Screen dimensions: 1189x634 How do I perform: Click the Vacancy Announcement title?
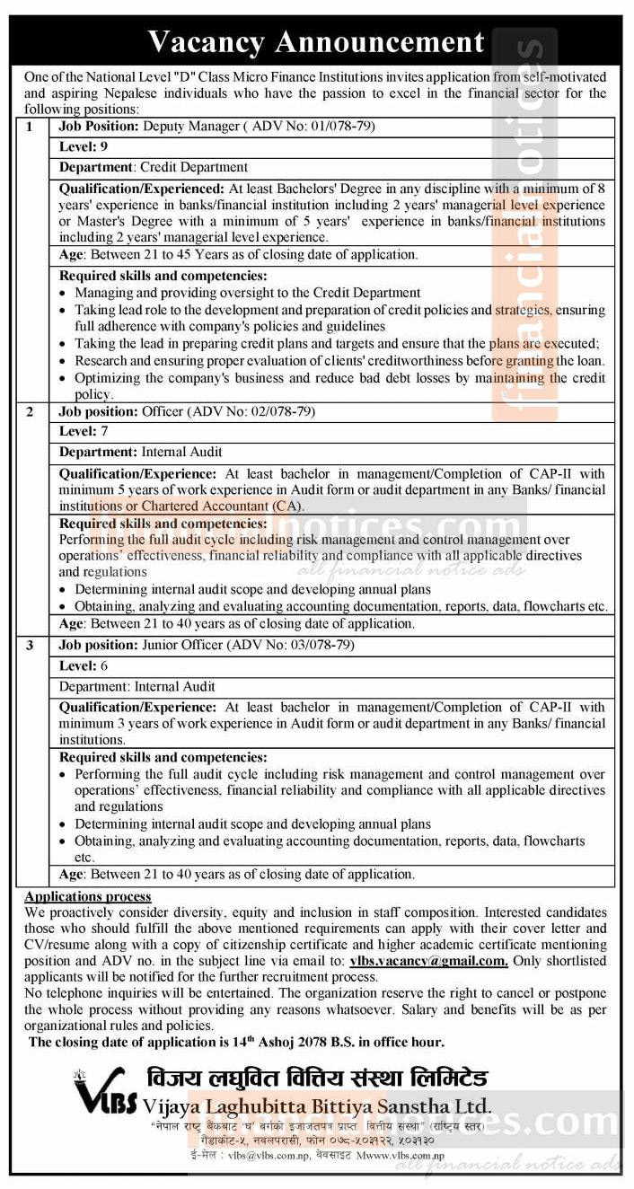[316, 41]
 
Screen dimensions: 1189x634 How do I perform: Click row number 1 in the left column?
[29, 127]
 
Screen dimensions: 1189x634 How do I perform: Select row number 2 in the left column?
[29, 411]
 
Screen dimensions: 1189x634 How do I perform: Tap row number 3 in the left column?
[29, 645]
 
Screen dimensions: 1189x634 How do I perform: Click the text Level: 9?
[78, 146]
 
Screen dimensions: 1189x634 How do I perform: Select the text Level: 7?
[78, 432]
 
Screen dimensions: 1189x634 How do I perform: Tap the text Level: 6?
[78, 665]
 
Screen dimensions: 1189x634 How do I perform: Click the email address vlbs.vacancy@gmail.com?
[429, 960]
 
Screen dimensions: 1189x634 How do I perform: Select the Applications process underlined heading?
[88, 896]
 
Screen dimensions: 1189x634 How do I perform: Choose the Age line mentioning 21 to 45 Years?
[238, 254]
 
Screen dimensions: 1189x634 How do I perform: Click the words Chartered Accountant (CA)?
[218, 506]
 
